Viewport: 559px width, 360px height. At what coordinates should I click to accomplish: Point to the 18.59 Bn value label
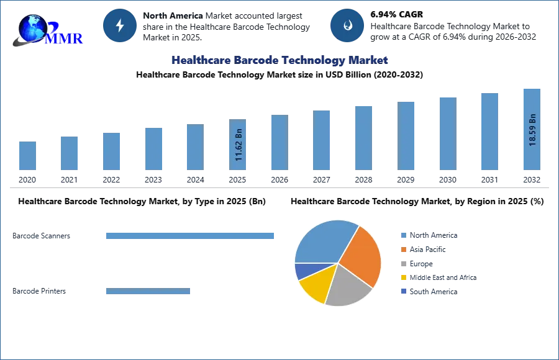coord(532,129)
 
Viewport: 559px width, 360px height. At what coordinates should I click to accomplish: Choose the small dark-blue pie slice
coord(303,271)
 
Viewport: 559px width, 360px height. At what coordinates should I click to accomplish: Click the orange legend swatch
coord(402,249)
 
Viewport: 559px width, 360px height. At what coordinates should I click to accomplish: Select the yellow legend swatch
coord(402,277)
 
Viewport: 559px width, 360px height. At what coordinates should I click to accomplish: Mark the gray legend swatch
coord(402,263)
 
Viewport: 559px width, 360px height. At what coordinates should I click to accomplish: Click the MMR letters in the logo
coord(65,38)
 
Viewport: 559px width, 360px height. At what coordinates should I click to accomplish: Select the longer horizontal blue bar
coord(191,236)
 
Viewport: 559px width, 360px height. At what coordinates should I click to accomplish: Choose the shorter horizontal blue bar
coord(149,292)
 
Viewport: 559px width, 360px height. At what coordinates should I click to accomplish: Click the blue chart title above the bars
coord(280,60)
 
